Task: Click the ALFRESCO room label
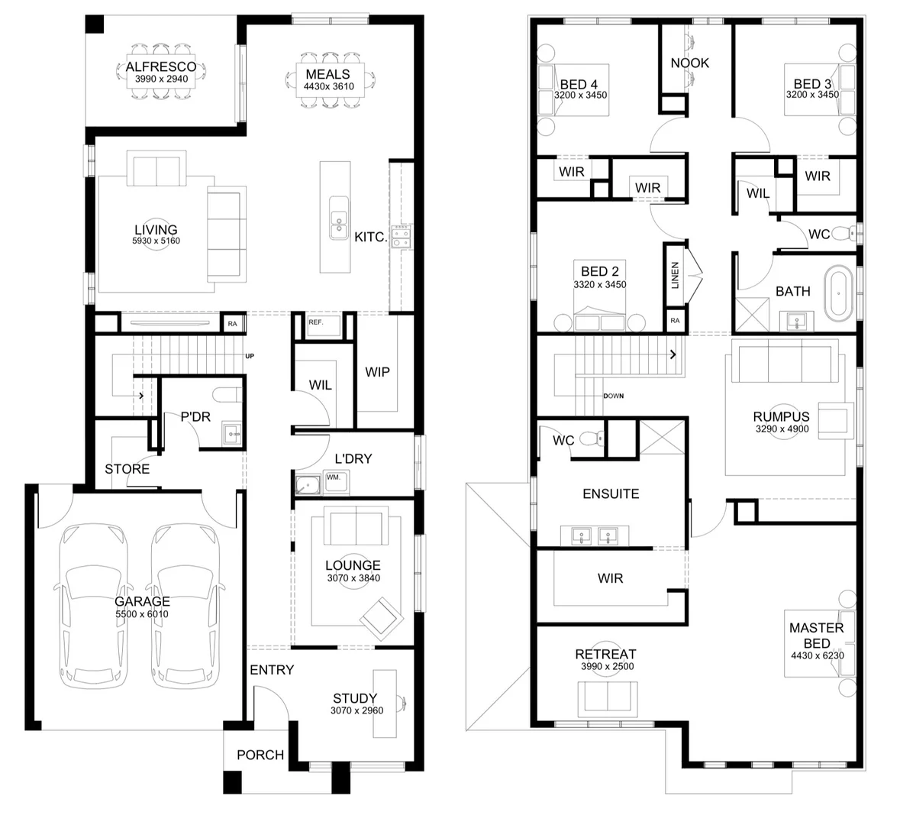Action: click(161, 66)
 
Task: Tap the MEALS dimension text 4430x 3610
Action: click(329, 87)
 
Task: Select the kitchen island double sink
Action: click(339, 218)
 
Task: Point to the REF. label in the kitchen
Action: click(316, 322)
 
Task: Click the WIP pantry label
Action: click(377, 372)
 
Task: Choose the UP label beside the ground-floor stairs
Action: click(250, 356)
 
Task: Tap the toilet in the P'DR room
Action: click(227, 395)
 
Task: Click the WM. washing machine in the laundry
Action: click(337, 484)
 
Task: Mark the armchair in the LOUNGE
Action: click(381, 619)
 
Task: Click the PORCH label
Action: click(260, 755)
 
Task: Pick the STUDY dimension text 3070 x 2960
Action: click(356, 710)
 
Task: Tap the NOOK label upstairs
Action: click(690, 63)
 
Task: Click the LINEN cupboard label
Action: click(675, 275)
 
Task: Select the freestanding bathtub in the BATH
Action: click(839, 293)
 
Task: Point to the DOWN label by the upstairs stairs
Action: click(614, 396)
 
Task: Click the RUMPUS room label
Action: click(781, 416)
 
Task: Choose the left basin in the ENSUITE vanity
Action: click(582, 536)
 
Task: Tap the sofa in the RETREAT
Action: click(608, 699)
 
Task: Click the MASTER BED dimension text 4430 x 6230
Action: click(818, 655)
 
